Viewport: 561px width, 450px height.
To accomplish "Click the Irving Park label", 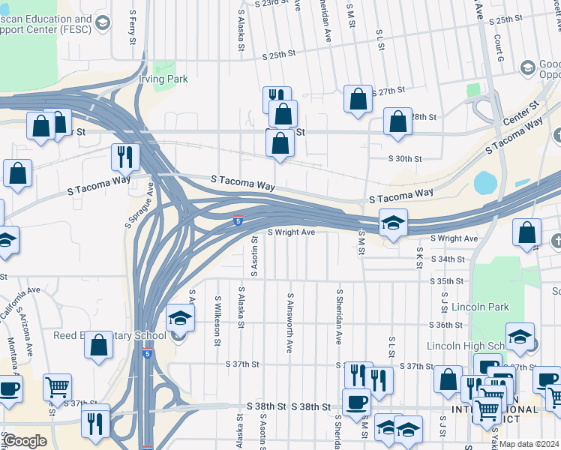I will [x=163, y=79].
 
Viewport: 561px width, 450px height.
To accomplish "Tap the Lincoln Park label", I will [x=481, y=307].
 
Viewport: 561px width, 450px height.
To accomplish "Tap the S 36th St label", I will [x=446, y=325].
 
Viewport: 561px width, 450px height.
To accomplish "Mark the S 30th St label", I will [x=405, y=158].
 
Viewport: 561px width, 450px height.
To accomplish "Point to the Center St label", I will [x=520, y=115].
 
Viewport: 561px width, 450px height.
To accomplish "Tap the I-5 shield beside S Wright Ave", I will [x=237, y=220].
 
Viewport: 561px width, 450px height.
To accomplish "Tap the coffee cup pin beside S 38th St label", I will [x=356, y=402].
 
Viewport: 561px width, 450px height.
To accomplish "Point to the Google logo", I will [x=25, y=440].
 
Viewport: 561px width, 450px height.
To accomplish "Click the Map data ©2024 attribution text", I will [x=528, y=443].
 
